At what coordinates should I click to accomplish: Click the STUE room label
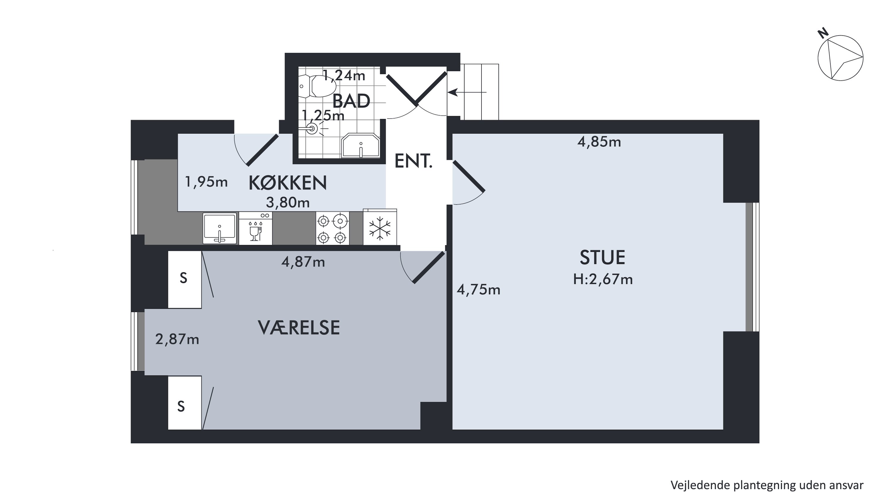point(602,257)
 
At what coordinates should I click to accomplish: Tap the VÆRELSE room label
point(299,328)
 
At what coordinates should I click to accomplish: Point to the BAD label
point(351,101)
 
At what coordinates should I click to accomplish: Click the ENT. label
point(414,161)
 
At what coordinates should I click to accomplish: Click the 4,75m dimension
point(479,290)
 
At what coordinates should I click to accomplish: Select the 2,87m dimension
point(177,339)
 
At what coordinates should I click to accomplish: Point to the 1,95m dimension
point(206,182)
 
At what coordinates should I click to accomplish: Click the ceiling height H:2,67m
point(603,279)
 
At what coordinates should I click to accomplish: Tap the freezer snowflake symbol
point(380,228)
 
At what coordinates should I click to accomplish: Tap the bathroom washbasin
point(360,146)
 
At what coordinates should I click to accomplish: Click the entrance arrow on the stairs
point(467,92)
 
